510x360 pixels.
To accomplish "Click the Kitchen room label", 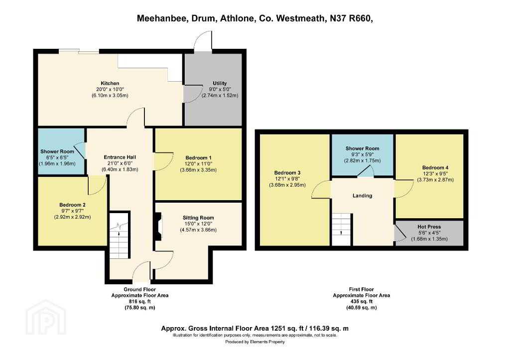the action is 110,83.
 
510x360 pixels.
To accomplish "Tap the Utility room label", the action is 220,83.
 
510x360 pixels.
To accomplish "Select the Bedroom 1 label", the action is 198,158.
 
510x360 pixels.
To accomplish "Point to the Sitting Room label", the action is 198,218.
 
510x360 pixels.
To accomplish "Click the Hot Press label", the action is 429,227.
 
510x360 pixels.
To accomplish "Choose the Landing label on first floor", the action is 363,196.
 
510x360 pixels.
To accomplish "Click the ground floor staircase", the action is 119,235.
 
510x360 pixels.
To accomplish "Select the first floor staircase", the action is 341,229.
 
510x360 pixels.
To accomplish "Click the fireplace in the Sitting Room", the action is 158,227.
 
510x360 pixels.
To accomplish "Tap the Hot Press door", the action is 399,233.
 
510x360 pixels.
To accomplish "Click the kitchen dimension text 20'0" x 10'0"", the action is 110,90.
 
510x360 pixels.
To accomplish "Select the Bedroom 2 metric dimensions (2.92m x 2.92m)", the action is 73,217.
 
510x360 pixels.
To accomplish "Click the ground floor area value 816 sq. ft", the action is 140,302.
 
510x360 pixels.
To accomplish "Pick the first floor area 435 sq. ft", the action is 362,301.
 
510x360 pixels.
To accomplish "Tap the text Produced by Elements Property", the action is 255,342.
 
